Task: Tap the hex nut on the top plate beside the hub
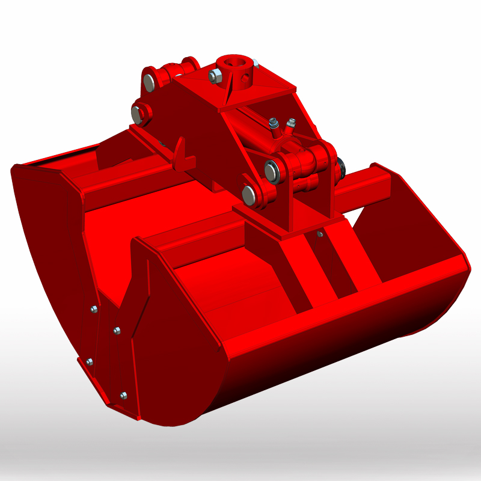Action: [x=215, y=76]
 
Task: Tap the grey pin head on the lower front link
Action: [x=249, y=194]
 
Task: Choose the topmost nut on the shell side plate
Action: [x=93, y=310]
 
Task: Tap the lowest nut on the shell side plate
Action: [x=123, y=395]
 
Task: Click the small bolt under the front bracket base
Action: [x=320, y=233]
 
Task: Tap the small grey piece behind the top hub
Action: [x=256, y=63]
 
